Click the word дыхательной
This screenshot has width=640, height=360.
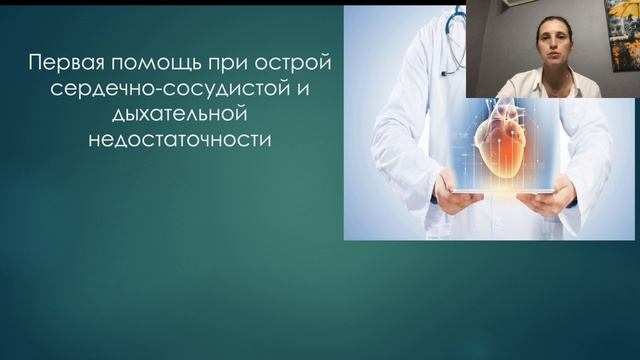[x=179, y=116]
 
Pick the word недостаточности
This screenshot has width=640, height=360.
[x=179, y=141]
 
